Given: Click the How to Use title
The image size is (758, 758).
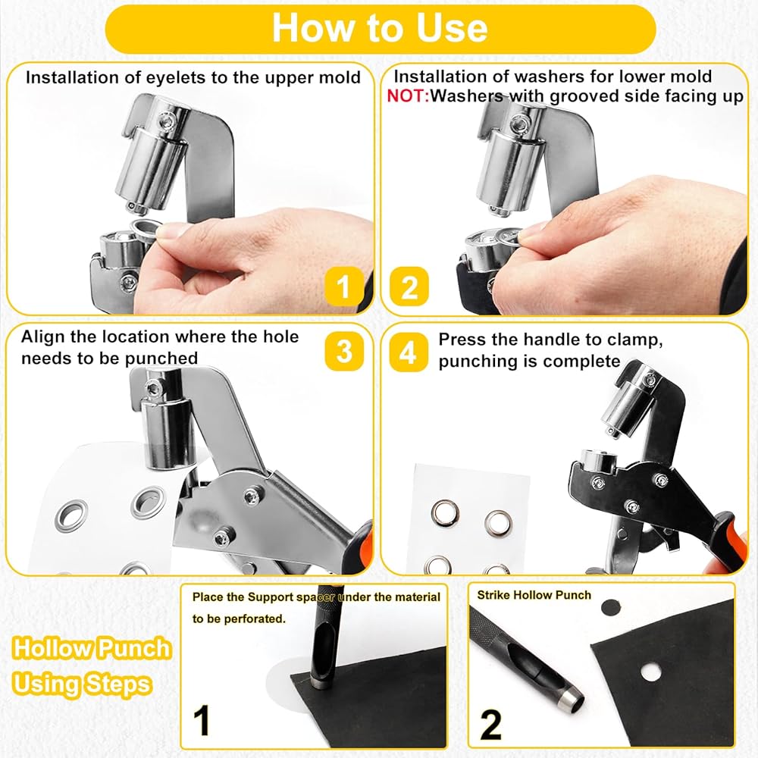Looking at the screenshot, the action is [x=380, y=28].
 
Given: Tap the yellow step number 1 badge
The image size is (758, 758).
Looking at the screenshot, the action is [x=343, y=287].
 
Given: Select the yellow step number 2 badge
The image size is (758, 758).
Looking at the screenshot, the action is [x=409, y=287].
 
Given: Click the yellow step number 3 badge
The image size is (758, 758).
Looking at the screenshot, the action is [x=343, y=351].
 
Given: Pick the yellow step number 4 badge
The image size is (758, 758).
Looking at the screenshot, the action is [x=409, y=352].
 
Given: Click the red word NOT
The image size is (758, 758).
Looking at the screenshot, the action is [x=408, y=96].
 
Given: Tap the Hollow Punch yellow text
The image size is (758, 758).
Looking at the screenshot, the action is [x=92, y=648].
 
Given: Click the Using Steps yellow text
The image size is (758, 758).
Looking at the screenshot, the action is [x=82, y=684].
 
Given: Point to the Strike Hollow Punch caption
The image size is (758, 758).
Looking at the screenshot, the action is [x=534, y=595].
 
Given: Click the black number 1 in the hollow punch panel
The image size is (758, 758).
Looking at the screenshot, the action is [x=202, y=720].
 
